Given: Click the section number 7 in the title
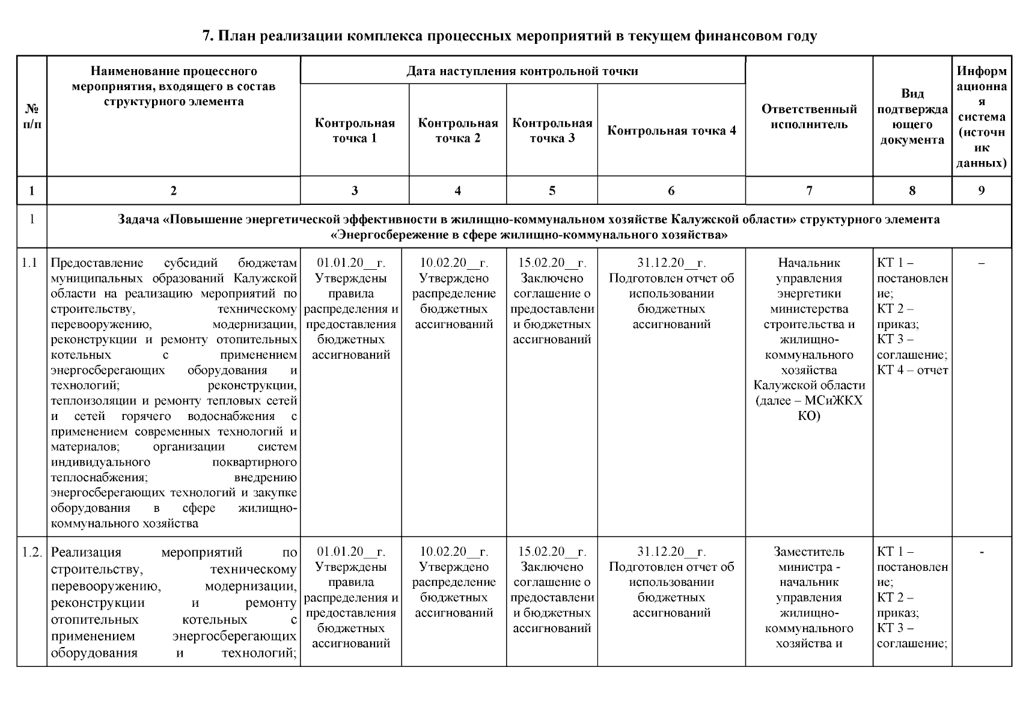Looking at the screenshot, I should [x=207, y=36].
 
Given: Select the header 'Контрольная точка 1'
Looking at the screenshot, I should [x=355, y=130].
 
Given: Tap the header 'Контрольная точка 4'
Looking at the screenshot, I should [x=671, y=130].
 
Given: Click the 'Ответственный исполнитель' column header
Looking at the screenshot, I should [x=809, y=117].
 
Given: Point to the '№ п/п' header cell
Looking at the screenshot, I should [x=31, y=117].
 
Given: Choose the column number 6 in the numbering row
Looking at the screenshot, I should [x=671, y=191].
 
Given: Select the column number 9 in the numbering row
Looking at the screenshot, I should [x=981, y=191].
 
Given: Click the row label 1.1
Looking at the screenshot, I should [x=29, y=263].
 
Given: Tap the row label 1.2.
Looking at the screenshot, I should [x=31, y=552].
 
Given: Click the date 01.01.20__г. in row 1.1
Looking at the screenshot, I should [x=351, y=263].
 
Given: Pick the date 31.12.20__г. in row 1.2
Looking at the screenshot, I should [x=671, y=552].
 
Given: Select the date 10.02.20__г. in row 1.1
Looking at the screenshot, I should [x=454, y=263].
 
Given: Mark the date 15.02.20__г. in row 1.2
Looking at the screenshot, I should [x=552, y=552].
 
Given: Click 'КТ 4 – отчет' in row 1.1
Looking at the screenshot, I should [x=912, y=370].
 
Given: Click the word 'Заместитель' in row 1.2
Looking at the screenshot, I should [x=809, y=552].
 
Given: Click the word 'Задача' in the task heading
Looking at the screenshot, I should [x=139, y=220].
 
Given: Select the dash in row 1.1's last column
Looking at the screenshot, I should [x=981, y=263].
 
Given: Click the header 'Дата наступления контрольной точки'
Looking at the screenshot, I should [x=522, y=71].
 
